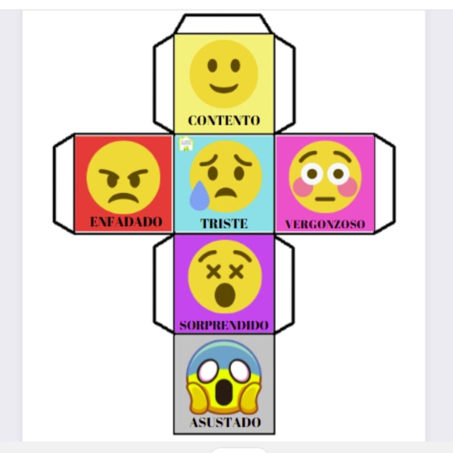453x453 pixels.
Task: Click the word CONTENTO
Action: [x=224, y=120]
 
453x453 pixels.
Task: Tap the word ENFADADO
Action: [x=126, y=222]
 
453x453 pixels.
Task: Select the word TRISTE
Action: [x=224, y=223]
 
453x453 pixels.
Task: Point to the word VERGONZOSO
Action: [x=325, y=224]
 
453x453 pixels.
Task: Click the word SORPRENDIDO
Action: [x=224, y=326]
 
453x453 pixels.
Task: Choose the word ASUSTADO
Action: [x=225, y=422]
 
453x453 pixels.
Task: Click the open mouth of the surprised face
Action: [x=224, y=295]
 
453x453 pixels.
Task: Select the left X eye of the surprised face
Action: [x=214, y=272]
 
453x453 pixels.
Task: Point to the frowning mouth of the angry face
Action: [x=123, y=197]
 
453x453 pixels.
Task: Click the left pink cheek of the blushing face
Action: [x=303, y=187]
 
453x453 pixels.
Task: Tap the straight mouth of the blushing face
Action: [x=325, y=199]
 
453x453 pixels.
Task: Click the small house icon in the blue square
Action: [x=186, y=144]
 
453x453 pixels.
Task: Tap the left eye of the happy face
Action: [x=212, y=65]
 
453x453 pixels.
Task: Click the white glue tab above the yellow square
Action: [x=223, y=24]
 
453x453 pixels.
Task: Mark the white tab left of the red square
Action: [x=64, y=184]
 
